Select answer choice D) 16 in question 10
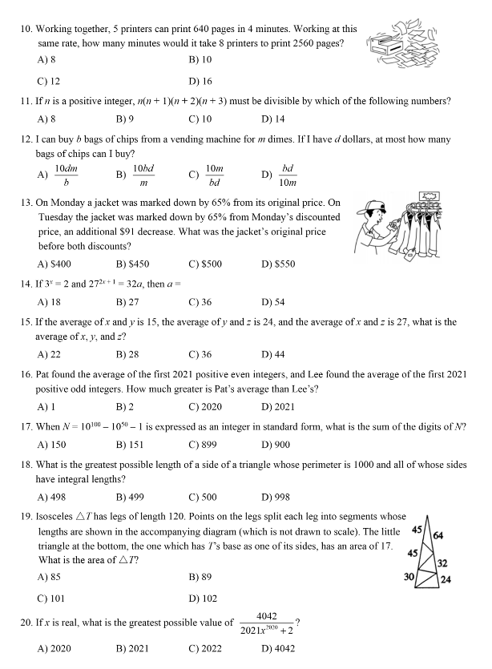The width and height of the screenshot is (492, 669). (x=200, y=81)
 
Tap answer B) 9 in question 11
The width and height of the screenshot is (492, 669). (x=125, y=119)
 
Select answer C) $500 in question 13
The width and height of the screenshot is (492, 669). (x=205, y=264)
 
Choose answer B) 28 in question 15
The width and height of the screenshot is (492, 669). (x=126, y=354)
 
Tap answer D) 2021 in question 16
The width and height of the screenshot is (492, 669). (x=277, y=406)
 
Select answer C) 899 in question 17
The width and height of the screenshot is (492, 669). (x=204, y=445)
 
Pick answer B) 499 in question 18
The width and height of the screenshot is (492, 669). (x=127, y=497)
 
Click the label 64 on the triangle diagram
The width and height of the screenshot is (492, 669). (x=438, y=535)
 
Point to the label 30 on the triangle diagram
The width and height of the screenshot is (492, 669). (x=409, y=577)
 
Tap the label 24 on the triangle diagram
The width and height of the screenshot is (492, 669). (x=446, y=580)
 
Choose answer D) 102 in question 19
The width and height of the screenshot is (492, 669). (x=203, y=598)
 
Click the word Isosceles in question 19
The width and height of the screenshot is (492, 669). (x=61, y=517)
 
